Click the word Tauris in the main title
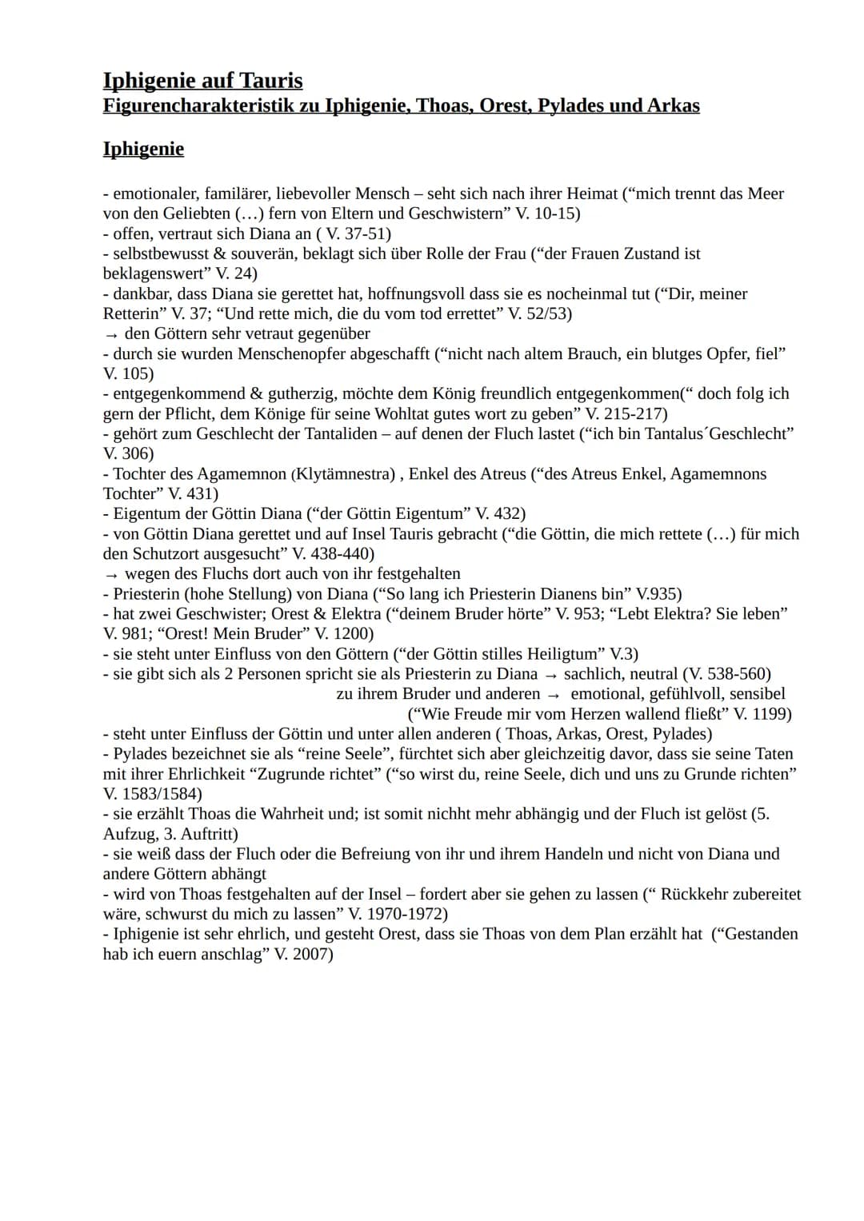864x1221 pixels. [x=268, y=81]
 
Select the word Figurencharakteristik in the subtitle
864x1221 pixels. [x=203, y=106]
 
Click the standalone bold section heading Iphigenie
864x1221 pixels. [x=143, y=149]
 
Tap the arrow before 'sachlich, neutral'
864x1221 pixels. [x=550, y=674]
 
